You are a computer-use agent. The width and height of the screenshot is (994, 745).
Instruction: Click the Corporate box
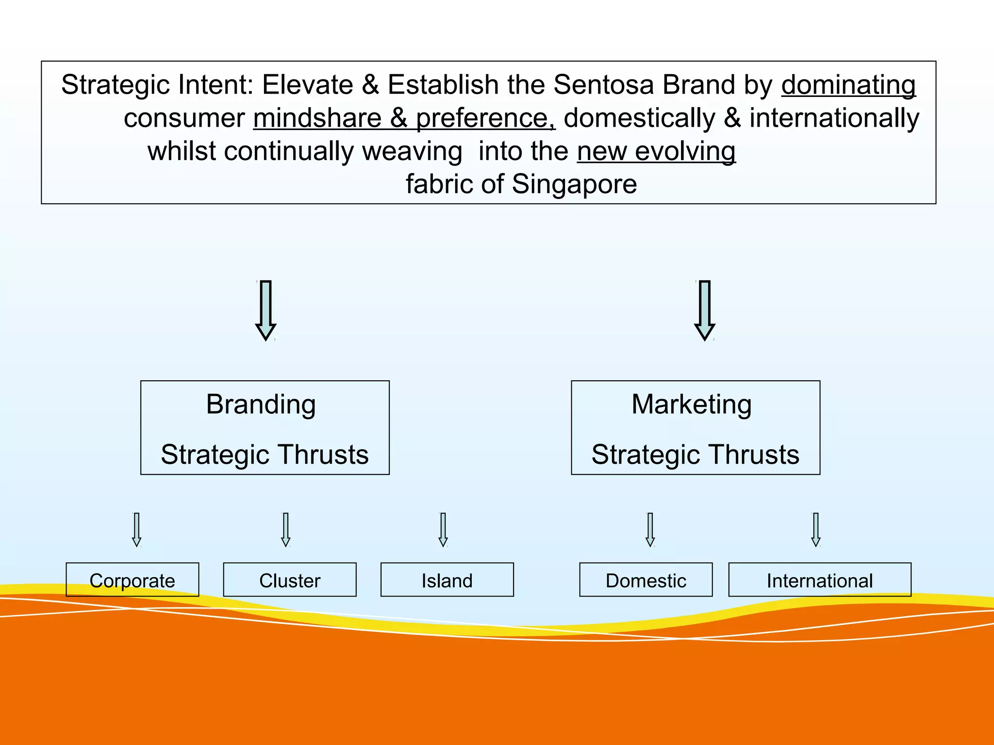pyautogui.click(x=132, y=580)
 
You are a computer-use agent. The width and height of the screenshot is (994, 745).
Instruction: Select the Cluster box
pyautogui.click(x=290, y=580)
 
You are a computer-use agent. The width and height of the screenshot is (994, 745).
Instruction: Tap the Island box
pyautogui.click(x=447, y=580)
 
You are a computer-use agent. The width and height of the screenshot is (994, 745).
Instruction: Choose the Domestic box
pyautogui.click(x=646, y=580)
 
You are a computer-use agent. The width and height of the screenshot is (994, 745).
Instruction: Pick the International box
pyautogui.click(x=820, y=580)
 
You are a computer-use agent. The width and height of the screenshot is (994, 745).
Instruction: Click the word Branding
pyautogui.click(x=261, y=405)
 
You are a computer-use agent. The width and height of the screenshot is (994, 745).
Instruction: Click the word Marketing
pyautogui.click(x=692, y=405)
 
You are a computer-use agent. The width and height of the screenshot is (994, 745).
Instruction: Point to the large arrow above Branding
pyautogui.click(x=265, y=310)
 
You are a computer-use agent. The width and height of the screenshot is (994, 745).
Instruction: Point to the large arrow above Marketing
pyautogui.click(x=705, y=310)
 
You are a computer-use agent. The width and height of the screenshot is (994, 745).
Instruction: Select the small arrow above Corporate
pyautogui.click(x=137, y=530)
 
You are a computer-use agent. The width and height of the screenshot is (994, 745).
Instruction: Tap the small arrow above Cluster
pyautogui.click(x=286, y=530)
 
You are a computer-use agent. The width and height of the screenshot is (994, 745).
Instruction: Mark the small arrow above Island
pyautogui.click(x=443, y=530)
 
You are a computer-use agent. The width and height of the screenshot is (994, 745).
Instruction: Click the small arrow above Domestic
pyautogui.click(x=650, y=530)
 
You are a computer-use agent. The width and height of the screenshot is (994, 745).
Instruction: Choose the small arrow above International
pyautogui.click(x=816, y=530)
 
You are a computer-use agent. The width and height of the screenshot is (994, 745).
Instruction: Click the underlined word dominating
pyautogui.click(x=848, y=85)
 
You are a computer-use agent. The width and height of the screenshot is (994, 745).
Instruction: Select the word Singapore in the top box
pyautogui.click(x=574, y=185)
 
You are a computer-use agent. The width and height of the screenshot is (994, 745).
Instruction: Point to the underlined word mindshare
pyautogui.click(x=317, y=118)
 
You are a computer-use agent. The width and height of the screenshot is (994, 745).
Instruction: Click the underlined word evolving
pyautogui.click(x=685, y=151)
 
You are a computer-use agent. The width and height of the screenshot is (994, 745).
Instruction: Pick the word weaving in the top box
pyautogui.click(x=412, y=152)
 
